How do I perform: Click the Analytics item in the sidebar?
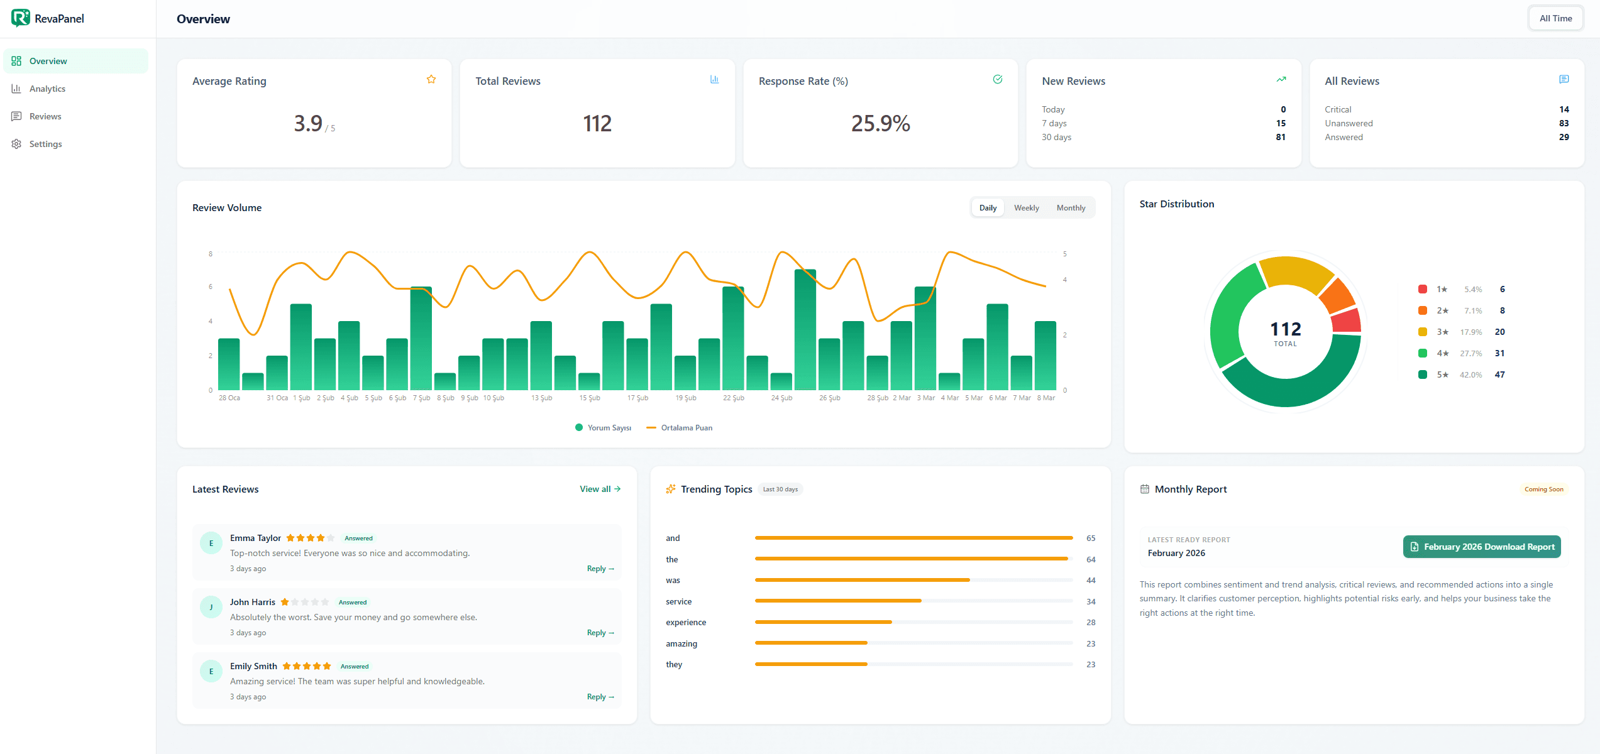point(47,89)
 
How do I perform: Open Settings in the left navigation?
point(45,144)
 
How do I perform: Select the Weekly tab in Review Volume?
point(1026,208)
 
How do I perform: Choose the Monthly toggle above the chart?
point(1071,208)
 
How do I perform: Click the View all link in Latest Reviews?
point(600,489)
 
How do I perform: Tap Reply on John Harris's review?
point(600,633)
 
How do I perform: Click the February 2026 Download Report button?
point(1481,547)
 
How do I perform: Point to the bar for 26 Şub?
point(829,364)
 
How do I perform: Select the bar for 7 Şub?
point(421,339)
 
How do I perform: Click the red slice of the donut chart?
point(1347,320)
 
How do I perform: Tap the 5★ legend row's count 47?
point(1499,374)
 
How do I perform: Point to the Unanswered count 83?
point(1564,123)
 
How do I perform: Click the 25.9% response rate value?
point(880,123)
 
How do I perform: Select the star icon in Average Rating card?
point(431,79)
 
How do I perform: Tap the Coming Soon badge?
point(1543,489)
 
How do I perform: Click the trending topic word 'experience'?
point(686,623)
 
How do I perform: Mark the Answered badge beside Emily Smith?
point(355,667)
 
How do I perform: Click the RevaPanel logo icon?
point(20,18)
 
